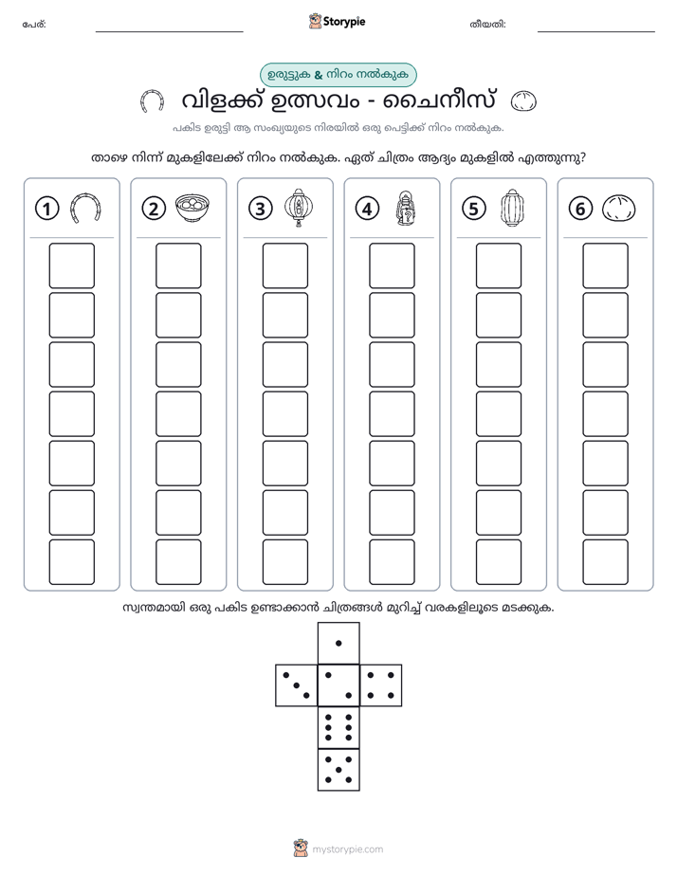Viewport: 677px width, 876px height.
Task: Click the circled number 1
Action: tap(46, 209)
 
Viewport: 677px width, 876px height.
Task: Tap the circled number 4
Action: tap(367, 209)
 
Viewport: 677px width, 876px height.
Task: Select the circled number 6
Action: tap(580, 209)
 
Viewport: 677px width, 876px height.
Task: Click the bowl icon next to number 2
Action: tap(192, 209)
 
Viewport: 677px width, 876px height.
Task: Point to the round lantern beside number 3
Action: tap(299, 208)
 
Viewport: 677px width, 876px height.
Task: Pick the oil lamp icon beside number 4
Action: tap(406, 209)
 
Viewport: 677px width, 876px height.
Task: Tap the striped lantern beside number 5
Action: tap(512, 208)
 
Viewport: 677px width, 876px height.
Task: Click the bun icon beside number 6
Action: tap(619, 209)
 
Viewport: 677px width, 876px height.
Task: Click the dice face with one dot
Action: tap(338, 643)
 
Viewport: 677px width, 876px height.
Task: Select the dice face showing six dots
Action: tap(338, 727)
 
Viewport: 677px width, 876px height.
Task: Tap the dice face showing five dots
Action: tap(338, 770)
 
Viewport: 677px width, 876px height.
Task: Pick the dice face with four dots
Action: tap(381, 685)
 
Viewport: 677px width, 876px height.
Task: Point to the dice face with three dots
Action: tap(296, 685)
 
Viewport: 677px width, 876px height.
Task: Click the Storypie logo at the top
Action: tap(337, 22)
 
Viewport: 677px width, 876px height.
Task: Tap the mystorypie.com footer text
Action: tap(347, 849)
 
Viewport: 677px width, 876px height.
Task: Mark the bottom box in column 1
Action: tap(71, 562)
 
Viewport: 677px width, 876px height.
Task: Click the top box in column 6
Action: tap(606, 265)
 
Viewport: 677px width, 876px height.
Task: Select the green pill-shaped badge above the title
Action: tap(338, 75)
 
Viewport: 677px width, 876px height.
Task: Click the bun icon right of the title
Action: tap(524, 101)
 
